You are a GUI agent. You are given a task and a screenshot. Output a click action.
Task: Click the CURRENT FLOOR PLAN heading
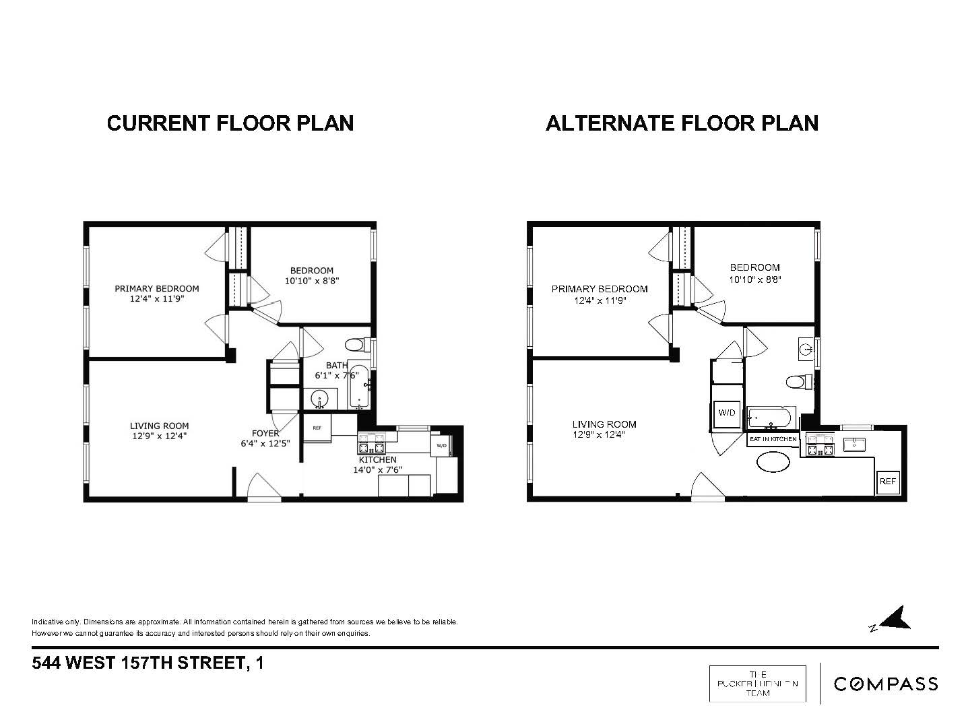tap(230, 123)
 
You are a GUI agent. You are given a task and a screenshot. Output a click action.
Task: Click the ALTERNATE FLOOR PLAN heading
tap(682, 123)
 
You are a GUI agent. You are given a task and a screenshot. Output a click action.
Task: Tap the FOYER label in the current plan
tap(265, 433)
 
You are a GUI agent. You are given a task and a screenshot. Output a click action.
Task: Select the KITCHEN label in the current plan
tap(377, 459)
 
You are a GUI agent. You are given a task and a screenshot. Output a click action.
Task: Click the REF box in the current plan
tap(317, 428)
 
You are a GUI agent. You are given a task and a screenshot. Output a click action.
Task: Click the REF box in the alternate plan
tap(887, 482)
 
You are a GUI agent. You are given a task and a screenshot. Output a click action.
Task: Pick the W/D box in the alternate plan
tap(727, 413)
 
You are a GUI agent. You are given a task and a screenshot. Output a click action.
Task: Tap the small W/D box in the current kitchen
tap(442, 445)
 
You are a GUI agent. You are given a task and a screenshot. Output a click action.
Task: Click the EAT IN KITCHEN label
tap(773, 439)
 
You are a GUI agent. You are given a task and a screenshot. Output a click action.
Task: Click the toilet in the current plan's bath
tap(355, 345)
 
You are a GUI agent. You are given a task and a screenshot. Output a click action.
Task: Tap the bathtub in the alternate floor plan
tap(771, 418)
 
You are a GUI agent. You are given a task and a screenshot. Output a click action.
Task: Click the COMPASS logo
tap(885, 684)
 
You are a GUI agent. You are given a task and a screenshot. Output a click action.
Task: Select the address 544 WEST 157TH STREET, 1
tap(148, 663)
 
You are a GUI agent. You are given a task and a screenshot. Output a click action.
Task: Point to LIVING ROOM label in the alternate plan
tap(604, 424)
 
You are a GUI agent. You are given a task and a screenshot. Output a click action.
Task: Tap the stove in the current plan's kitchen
tap(371, 445)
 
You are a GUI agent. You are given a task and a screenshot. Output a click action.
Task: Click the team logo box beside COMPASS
tap(757, 683)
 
